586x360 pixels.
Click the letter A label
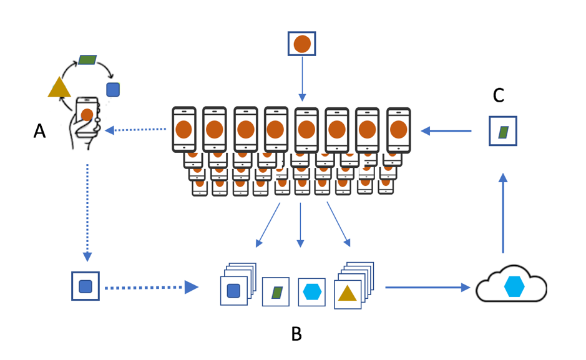click(x=39, y=131)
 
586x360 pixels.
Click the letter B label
click(x=296, y=334)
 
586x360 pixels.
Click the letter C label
click(x=498, y=95)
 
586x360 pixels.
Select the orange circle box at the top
click(x=301, y=44)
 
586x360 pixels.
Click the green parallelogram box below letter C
click(x=502, y=131)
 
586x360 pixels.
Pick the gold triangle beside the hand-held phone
click(x=59, y=87)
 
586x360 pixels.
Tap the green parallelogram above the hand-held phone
click(x=87, y=60)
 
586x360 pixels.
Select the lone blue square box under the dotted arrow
click(x=85, y=286)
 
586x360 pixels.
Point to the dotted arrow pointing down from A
click(x=87, y=212)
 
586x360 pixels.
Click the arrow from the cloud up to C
click(x=503, y=212)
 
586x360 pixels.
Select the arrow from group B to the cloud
click(x=427, y=287)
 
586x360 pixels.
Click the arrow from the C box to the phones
click(x=446, y=131)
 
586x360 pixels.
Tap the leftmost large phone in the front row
click(x=184, y=129)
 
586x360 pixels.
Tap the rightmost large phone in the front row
click(x=398, y=130)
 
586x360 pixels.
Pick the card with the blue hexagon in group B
click(x=311, y=292)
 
